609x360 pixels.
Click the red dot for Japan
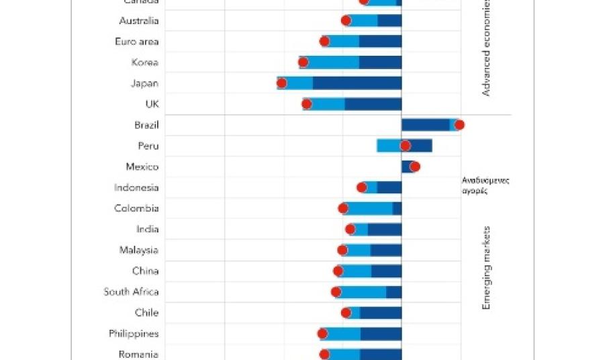click(281, 83)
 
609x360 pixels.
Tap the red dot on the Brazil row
click(459, 124)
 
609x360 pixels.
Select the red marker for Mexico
click(414, 167)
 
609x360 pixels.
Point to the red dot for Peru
click(405, 146)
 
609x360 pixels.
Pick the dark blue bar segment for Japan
click(357, 83)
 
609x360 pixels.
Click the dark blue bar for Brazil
click(425, 124)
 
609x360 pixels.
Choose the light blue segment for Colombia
click(369, 208)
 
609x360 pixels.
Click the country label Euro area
click(137, 42)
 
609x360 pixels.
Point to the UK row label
click(152, 104)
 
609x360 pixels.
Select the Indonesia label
click(136, 187)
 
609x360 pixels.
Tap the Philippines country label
click(134, 334)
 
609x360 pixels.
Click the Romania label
click(138, 355)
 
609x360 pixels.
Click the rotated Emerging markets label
click(487, 268)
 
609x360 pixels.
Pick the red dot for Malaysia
click(342, 251)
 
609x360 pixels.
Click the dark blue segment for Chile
click(380, 313)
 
